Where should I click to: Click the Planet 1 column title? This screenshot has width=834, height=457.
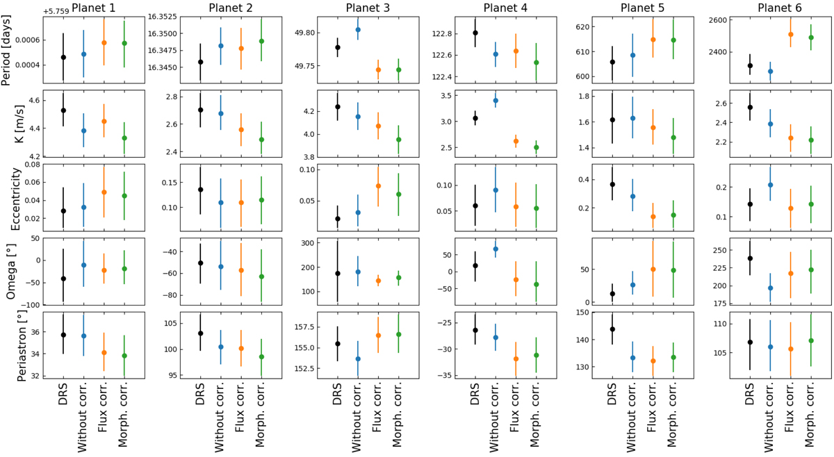[93, 8]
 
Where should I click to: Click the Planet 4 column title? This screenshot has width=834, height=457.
[507, 8]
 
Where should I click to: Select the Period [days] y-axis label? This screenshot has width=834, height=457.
[8, 49]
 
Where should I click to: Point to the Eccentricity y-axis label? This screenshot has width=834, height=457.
[8, 197]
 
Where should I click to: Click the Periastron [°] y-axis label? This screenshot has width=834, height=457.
[8, 344]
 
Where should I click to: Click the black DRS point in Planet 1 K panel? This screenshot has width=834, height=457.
[63, 110]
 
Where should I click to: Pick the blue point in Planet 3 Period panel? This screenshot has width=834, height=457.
[358, 30]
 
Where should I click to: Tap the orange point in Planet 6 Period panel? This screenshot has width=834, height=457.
[791, 35]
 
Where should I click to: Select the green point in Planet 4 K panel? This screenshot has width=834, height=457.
[536, 147]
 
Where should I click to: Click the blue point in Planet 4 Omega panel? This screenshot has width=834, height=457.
[496, 249]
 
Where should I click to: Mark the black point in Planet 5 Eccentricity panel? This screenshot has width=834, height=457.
[612, 184]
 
